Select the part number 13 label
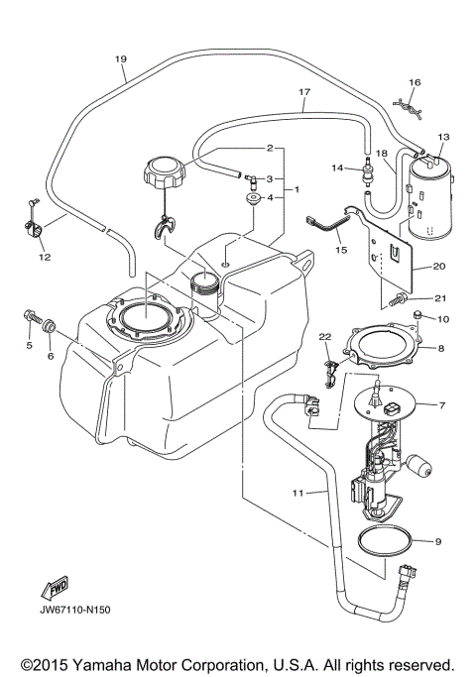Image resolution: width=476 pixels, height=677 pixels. click(x=443, y=136)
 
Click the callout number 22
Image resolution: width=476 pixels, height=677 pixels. click(x=324, y=339)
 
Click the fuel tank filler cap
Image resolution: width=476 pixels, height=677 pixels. click(x=164, y=175)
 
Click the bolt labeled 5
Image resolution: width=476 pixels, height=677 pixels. click(x=30, y=320)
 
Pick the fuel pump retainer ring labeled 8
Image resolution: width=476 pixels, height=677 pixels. click(x=388, y=351)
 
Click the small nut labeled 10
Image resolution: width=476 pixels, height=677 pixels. click(x=418, y=316)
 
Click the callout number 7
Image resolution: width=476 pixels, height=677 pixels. click(x=443, y=405)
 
